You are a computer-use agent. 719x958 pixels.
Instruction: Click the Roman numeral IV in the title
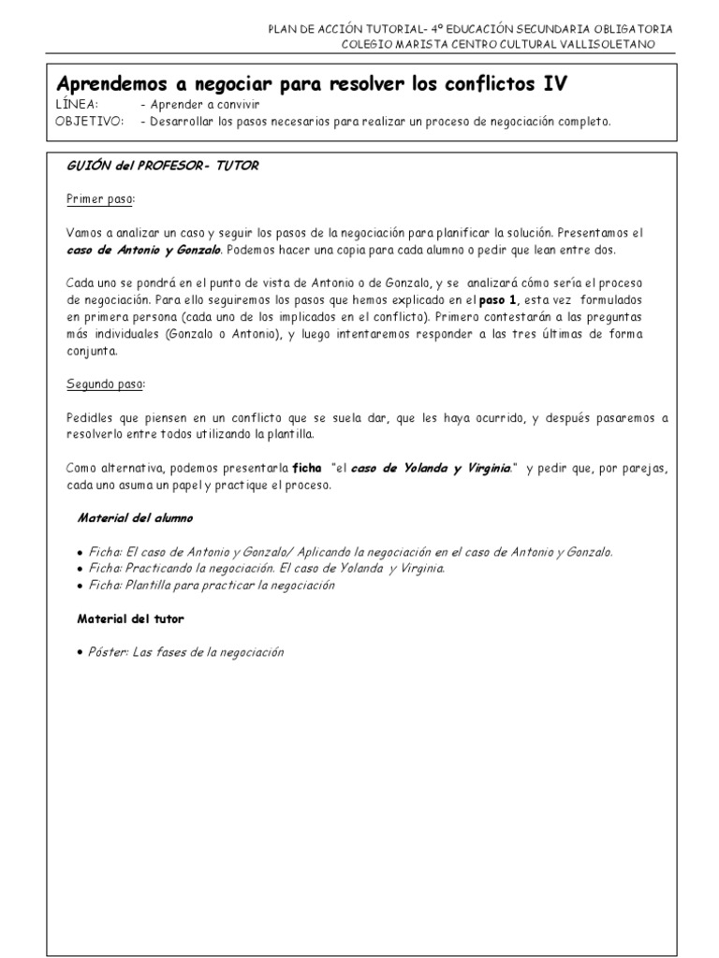[554, 84]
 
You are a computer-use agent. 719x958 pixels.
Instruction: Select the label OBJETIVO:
[89, 121]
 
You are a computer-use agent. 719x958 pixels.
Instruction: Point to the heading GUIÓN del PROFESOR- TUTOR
[163, 166]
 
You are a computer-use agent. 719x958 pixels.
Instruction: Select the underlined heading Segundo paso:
[106, 385]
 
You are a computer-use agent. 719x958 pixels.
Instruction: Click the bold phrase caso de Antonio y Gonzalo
[143, 250]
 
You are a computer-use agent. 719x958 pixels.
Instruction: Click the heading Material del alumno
[136, 517]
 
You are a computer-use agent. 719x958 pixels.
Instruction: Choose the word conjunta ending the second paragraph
[93, 351]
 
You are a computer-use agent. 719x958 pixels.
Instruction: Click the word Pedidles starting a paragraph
[90, 418]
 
